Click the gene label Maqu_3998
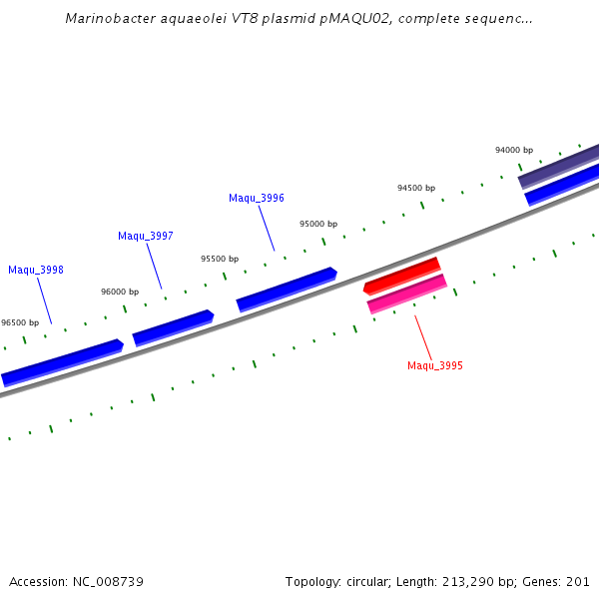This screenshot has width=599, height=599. [36, 270]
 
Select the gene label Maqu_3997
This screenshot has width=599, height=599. [146, 236]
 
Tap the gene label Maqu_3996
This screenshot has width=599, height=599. [257, 198]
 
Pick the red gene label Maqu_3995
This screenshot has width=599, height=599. [435, 365]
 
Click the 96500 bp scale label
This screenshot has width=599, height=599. [20, 322]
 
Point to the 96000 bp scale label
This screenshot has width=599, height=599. [120, 292]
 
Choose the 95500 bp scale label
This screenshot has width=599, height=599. [220, 259]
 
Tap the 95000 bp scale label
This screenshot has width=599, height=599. [318, 224]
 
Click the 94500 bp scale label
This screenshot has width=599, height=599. [416, 188]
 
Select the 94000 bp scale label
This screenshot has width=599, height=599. [514, 150]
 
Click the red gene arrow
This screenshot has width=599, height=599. [401, 276]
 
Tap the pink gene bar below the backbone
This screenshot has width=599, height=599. [407, 294]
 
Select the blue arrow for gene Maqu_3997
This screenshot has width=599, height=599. [173, 327]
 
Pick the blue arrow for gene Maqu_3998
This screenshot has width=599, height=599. [62, 362]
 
